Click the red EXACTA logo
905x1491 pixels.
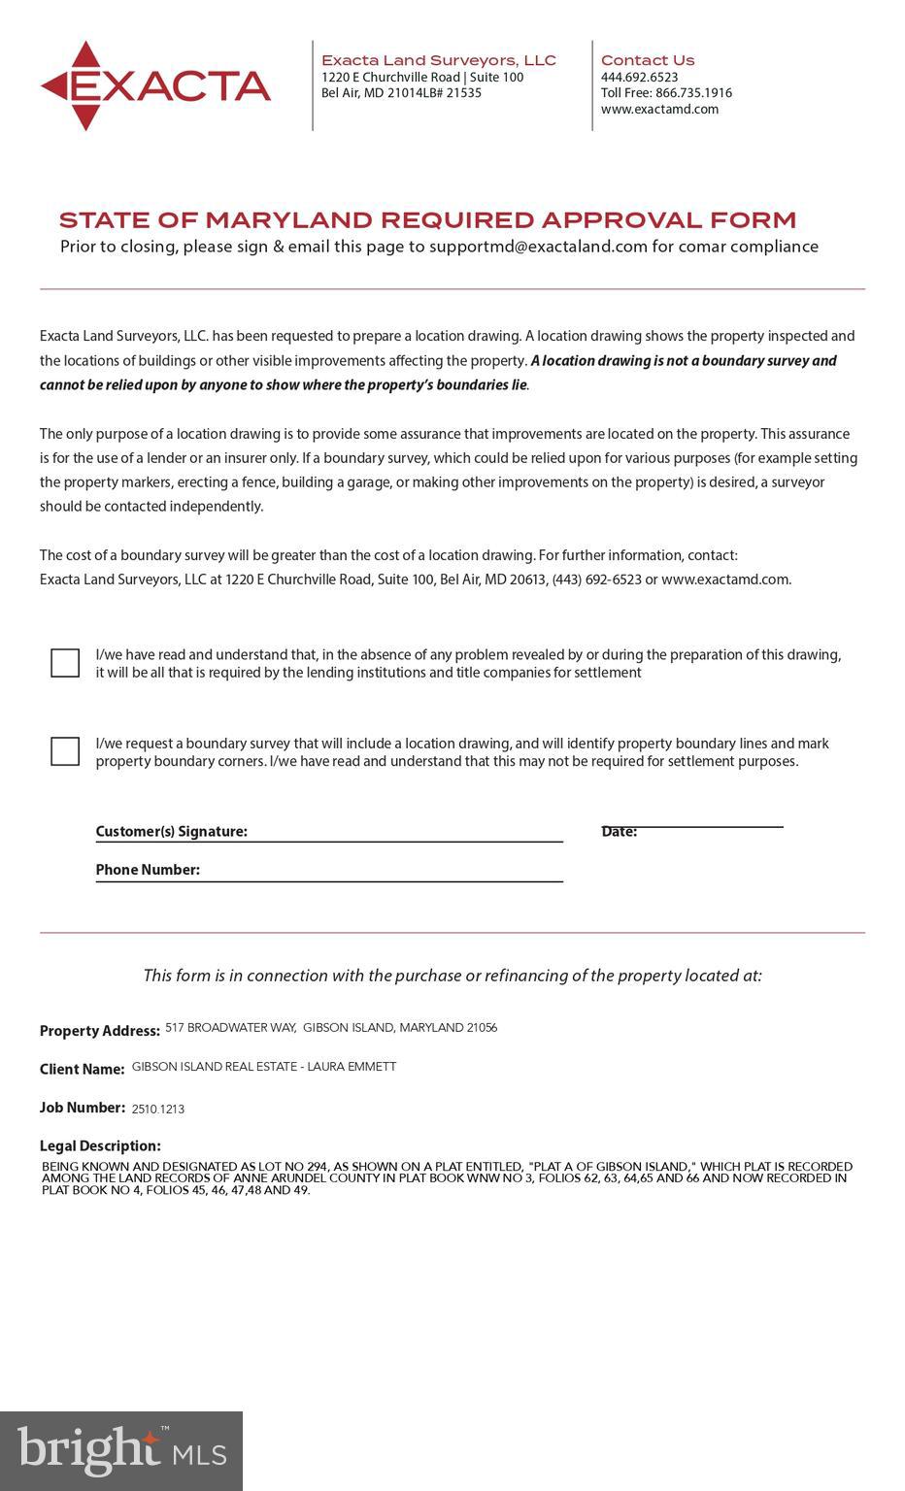155,86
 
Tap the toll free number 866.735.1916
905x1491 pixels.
693,93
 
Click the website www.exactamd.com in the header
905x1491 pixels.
659,109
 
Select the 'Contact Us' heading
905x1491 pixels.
647,60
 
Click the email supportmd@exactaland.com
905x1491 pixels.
538,247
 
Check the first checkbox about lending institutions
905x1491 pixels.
65,663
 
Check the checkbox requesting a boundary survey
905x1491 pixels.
65,751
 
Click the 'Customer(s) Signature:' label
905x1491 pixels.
171,831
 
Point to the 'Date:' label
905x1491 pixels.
619,832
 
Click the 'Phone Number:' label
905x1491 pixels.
148,870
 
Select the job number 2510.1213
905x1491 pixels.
158,1109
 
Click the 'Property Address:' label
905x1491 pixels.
99,1031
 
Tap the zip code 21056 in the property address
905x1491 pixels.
482,1028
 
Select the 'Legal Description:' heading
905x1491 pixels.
100,1146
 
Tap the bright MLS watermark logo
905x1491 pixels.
121,1451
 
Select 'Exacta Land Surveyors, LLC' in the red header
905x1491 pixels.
439,60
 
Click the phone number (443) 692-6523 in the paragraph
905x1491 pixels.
596,580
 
